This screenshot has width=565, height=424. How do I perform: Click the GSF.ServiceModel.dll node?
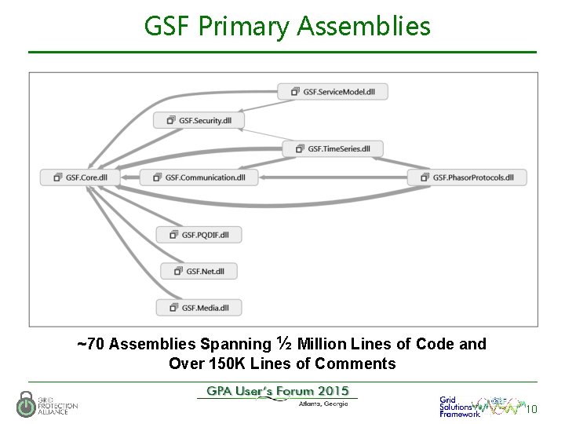[x=333, y=91]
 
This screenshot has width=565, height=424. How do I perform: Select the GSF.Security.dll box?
[x=199, y=120]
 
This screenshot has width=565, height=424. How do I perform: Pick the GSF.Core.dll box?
[x=80, y=177]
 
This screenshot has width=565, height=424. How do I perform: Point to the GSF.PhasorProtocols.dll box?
[x=467, y=177]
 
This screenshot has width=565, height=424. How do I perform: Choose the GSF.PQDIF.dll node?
[x=199, y=234]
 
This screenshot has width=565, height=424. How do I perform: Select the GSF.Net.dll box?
[x=199, y=271]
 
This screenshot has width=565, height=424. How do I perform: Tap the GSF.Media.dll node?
[x=199, y=307]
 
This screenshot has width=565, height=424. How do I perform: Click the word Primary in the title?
[x=246, y=27]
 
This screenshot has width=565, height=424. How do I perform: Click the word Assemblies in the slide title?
[x=364, y=27]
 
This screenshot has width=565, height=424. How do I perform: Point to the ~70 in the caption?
[x=91, y=344]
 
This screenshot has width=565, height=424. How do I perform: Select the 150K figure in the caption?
[x=223, y=364]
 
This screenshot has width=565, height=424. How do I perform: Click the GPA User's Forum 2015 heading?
[x=278, y=391]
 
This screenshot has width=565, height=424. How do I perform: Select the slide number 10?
[x=531, y=409]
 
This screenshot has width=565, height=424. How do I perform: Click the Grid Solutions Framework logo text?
[x=459, y=407]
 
